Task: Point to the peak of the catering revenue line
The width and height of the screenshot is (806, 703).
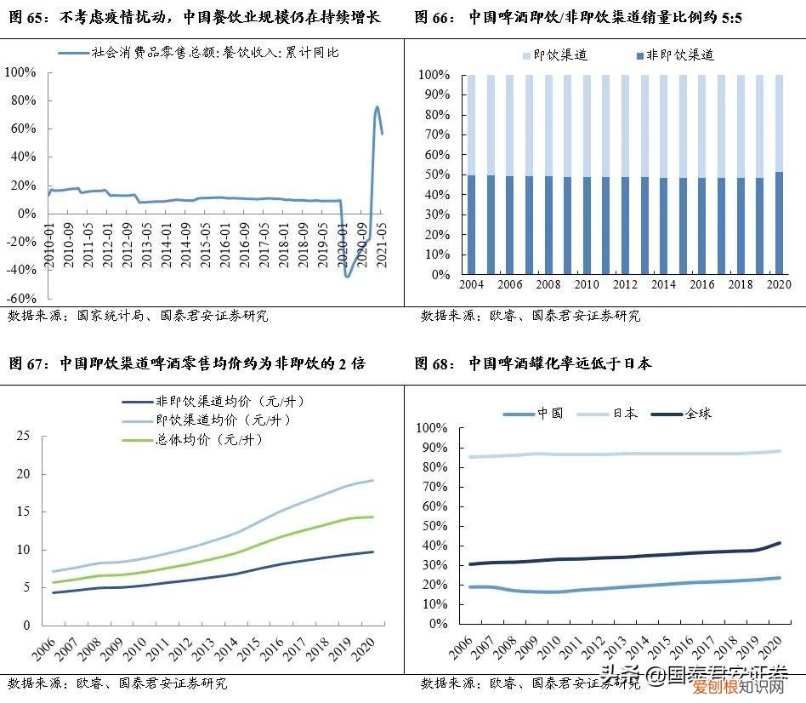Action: point(377,107)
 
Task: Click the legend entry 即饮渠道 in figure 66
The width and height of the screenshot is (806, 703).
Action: point(559,55)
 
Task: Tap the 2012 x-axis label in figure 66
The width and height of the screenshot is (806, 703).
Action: point(625,285)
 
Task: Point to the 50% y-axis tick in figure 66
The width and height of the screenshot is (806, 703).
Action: point(439,174)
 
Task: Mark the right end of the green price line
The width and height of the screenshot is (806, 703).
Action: point(372,517)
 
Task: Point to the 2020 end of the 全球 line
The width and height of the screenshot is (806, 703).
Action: point(780,543)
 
